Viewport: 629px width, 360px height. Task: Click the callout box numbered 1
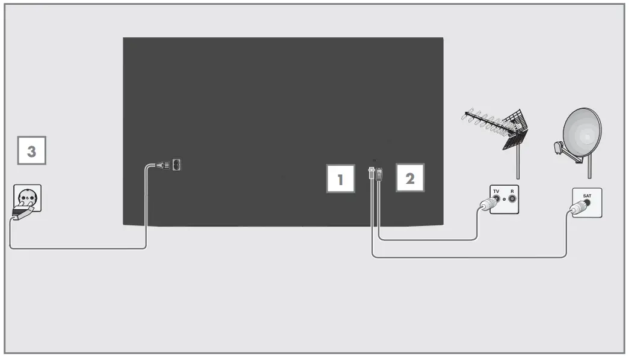[340, 178]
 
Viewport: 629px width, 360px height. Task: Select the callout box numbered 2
[410, 177]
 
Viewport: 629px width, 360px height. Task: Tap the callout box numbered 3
[31, 153]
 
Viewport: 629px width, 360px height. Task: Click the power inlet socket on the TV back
[176, 165]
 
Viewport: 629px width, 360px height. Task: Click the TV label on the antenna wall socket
[496, 191]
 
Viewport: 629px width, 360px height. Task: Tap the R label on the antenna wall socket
[512, 191]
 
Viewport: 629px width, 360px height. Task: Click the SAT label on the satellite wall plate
[586, 195]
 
